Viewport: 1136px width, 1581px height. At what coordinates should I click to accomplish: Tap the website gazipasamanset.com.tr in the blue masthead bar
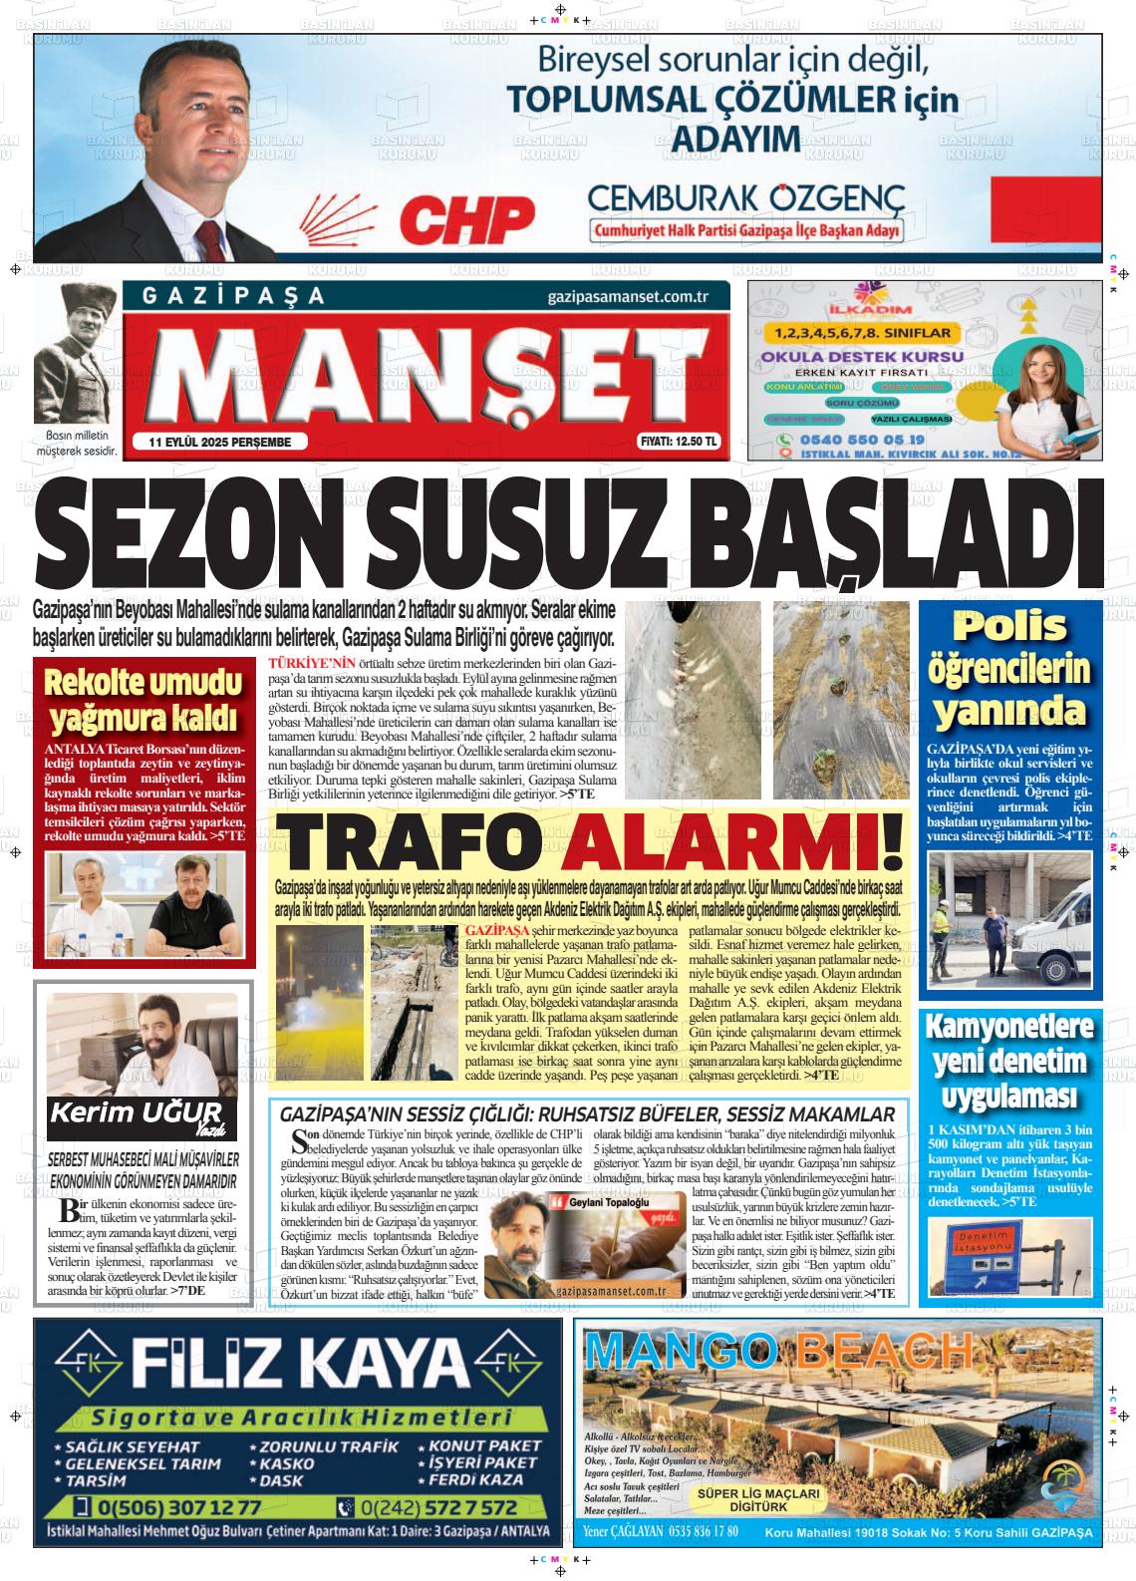coord(627,297)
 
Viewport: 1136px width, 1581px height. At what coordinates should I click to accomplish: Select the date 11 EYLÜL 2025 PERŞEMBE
coord(220,443)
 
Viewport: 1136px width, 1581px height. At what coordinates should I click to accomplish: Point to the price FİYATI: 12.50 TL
coord(678,443)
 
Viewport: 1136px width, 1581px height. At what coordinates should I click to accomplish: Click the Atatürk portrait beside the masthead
coord(76,354)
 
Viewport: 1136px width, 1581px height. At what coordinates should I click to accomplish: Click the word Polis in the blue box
coord(1009,627)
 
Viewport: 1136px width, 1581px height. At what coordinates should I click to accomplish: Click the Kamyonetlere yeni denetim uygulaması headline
coord(1009,1061)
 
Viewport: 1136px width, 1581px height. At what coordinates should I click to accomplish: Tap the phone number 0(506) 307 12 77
coord(180,1507)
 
